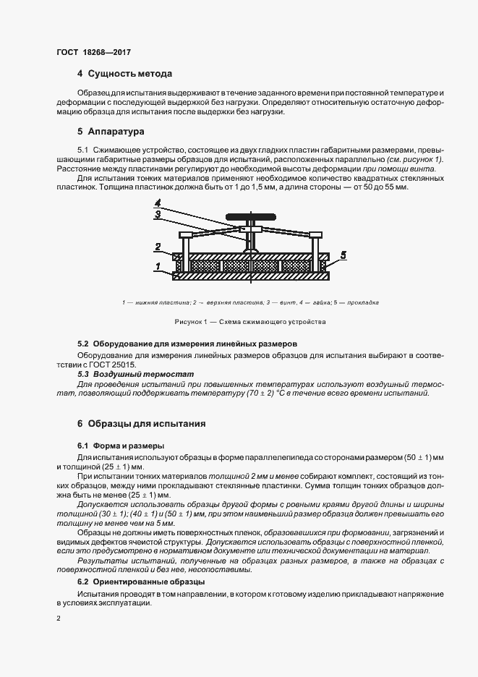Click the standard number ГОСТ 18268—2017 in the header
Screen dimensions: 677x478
click(x=93, y=53)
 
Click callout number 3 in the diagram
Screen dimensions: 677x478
click(x=157, y=213)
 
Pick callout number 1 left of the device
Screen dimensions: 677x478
click(x=157, y=268)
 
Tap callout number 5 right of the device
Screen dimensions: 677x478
click(x=343, y=255)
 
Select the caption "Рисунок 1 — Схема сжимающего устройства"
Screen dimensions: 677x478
click(x=250, y=321)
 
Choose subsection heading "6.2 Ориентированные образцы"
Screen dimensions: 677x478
click(x=141, y=582)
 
